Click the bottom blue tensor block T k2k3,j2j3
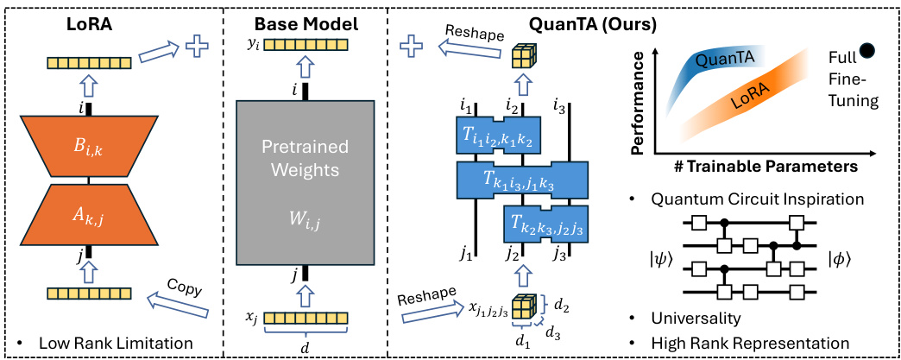coord(545,226)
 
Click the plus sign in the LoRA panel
coord(199,47)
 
